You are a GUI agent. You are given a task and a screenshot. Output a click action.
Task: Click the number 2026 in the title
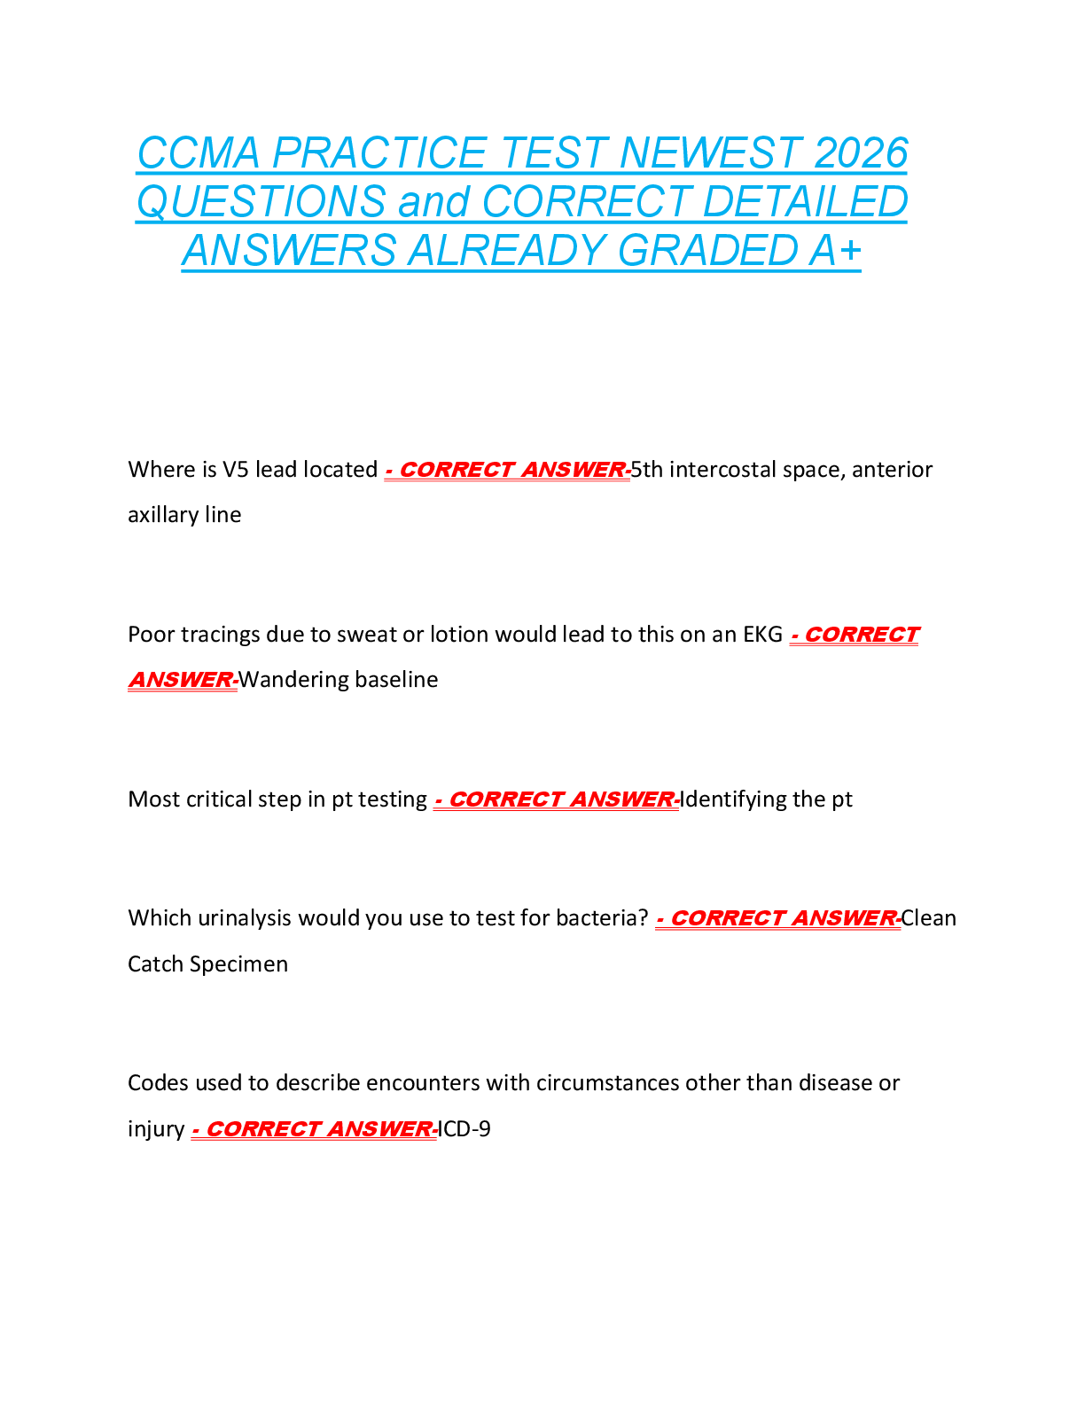point(860,153)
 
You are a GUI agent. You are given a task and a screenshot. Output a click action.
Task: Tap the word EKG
point(762,635)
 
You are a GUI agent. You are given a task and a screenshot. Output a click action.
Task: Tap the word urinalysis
point(245,918)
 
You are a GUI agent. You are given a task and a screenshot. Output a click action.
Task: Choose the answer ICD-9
point(464,1129)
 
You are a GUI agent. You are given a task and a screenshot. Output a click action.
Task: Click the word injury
point(156,1130)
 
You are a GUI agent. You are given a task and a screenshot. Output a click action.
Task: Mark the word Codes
point(158,1083)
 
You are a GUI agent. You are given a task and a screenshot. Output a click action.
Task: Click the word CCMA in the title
point(199,153)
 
